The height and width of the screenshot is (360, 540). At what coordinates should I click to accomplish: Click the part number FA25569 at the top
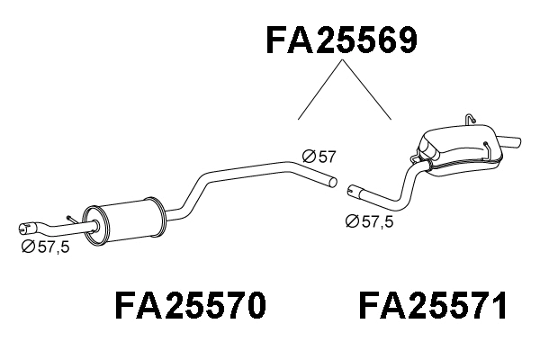(x=342, y=40)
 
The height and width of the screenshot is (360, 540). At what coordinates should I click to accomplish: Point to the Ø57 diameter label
(x=319, y=157)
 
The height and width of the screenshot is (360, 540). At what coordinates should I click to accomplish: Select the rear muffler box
(x=459, y=148)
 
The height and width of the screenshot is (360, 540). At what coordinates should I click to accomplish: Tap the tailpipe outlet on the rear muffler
(x=511, y=141)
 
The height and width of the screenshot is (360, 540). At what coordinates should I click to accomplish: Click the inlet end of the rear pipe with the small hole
(x=354, y=191)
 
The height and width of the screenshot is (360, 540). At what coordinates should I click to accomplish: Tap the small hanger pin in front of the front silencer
(x=69, y=219)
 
